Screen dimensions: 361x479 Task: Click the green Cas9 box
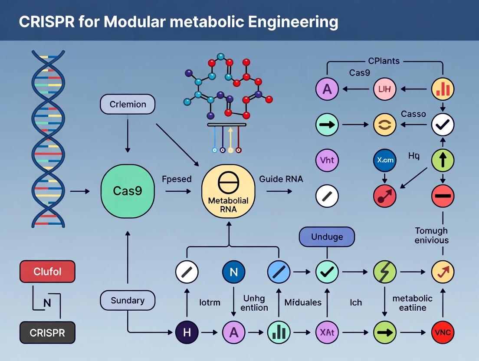point(128,190)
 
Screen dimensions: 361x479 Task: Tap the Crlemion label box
point(128,105)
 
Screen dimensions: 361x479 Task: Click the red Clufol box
point(47,272)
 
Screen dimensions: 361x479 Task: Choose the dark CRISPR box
point(47,333)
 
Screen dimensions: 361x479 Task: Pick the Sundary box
point(128,301)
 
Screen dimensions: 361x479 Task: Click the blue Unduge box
point(327,237)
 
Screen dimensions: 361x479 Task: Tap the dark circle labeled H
point(187,333)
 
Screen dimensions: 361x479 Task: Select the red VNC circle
point(443,333)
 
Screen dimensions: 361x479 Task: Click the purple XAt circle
point(327,333)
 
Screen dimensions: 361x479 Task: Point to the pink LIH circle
point(385,90)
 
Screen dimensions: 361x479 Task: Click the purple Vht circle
point(327,161)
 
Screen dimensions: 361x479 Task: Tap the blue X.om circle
point(385,161)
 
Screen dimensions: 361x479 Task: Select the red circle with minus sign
point(443,196)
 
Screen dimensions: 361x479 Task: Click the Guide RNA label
point(281,179)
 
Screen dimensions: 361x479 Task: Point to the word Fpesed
point(177,179)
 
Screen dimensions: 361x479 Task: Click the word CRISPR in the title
point(44,21)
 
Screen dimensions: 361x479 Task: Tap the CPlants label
point(384,61)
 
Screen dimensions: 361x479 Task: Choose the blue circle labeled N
point(233,272)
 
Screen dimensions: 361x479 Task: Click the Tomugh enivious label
point(431,235)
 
